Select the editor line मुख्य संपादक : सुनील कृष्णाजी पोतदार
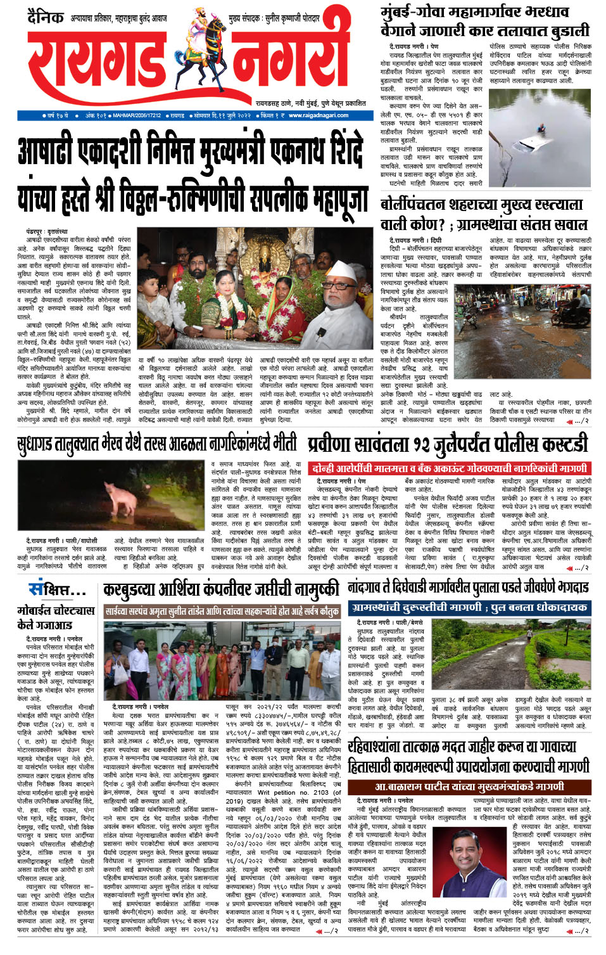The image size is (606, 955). pyautogui.click(x=274, y=18)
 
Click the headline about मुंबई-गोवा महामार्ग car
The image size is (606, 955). pyautogui.click(x=484, y=21)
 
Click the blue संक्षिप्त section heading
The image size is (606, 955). pyautogui.click(x=56, y=590)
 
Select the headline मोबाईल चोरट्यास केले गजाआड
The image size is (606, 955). pyautogui.click(x=56, y=617)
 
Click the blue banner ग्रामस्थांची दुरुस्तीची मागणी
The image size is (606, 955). pyautogui.click(x=469, y=607)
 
